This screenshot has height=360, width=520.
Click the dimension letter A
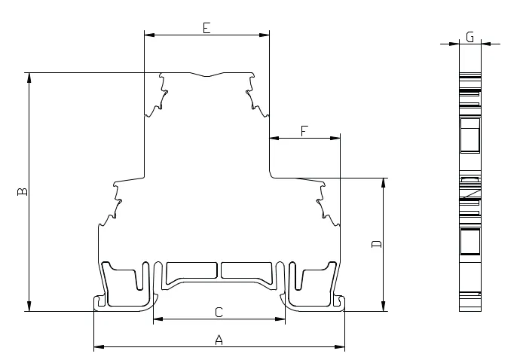click(x=219, y=340)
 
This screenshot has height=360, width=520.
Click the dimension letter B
click(x=23, y=191)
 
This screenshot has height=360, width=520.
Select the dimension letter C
click(x=219, y=313)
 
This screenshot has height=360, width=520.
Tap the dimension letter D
click(x=377, y=244)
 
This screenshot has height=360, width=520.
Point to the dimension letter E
click(x=206, y=28)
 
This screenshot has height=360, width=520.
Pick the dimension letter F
click(x=304, y=131)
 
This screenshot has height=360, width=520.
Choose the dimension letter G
click(x=470, y=37)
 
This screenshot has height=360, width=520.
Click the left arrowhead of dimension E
click(x=149, y=35)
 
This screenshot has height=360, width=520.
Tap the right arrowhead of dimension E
click(x=265, y=35)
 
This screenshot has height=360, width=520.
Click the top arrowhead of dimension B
click(x=29, y=78)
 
